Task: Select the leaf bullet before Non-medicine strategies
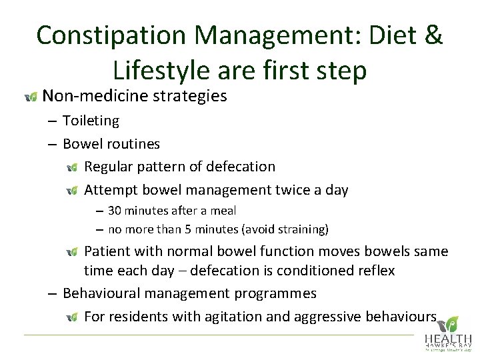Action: click(x=31, y=97)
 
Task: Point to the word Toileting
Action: click(x=91, y=121)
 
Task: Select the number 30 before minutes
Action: click(x=115, y=211)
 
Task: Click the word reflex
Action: click(x=375, y=271)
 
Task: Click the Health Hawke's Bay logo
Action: click(x=448, y=334)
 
